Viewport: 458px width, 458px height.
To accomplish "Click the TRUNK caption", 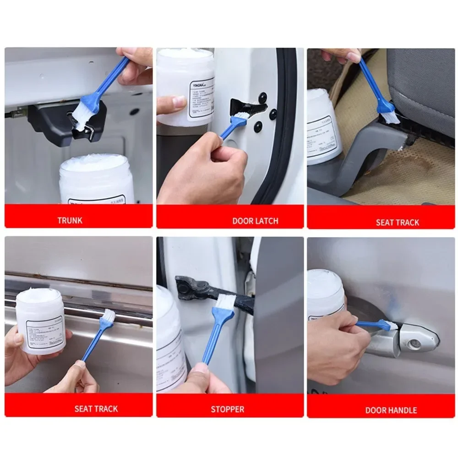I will point(70,220).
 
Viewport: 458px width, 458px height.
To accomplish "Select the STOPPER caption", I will point(227,409).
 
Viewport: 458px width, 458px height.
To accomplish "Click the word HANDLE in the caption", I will point(401,410).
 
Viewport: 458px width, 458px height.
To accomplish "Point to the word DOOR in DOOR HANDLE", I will point(375,410).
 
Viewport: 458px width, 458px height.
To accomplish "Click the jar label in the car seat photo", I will point(323,137).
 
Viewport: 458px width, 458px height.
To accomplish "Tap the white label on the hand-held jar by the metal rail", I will point(44,332).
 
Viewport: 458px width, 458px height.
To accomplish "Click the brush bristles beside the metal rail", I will point(108,316).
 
